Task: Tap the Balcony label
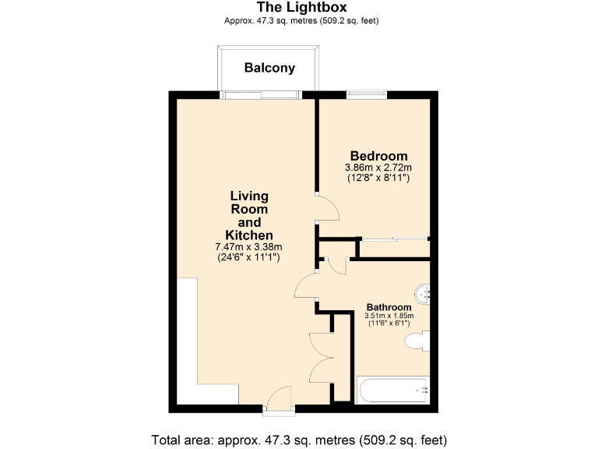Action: click(269, 68)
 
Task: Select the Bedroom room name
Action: click(378, 155)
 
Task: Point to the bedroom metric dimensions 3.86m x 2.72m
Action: click(378, 168)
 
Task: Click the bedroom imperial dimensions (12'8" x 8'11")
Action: click(378, 179)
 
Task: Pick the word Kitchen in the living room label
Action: click(248, 235)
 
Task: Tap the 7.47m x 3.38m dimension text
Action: click(248, 247)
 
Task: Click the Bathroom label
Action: click(389, 307)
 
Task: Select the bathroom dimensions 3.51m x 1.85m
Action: click(389, 316)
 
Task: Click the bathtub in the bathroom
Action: click(392, 389)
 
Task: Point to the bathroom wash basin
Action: click(423, 294)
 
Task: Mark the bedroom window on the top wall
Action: click(367, 95)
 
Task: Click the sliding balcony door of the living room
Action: click(260, 95)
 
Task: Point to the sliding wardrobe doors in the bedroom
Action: click(394, 238)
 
